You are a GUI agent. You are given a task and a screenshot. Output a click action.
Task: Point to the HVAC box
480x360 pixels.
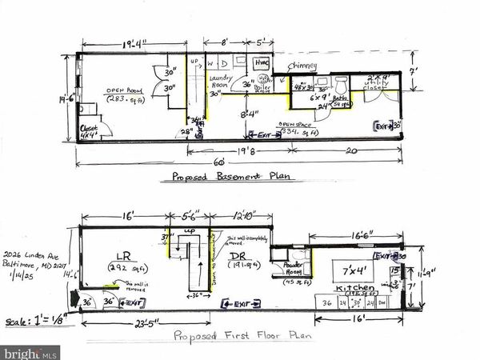[260, 62]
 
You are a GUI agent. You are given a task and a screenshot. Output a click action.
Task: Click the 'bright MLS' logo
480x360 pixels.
[30, 350]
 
